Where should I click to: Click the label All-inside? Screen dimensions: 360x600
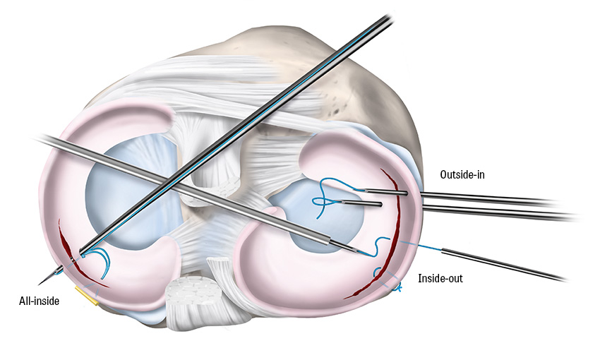[x=38, y=301]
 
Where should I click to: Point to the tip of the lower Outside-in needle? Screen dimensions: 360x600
[x=381, y=205]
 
